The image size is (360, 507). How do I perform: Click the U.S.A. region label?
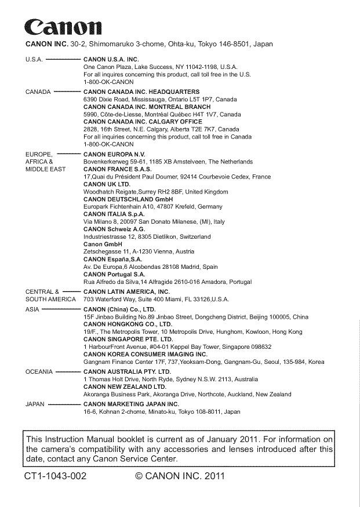point(34,60)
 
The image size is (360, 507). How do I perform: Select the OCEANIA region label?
point(38,371)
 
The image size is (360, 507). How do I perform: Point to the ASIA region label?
point(32,310)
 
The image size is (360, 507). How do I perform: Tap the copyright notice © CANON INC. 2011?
point(179,477)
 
